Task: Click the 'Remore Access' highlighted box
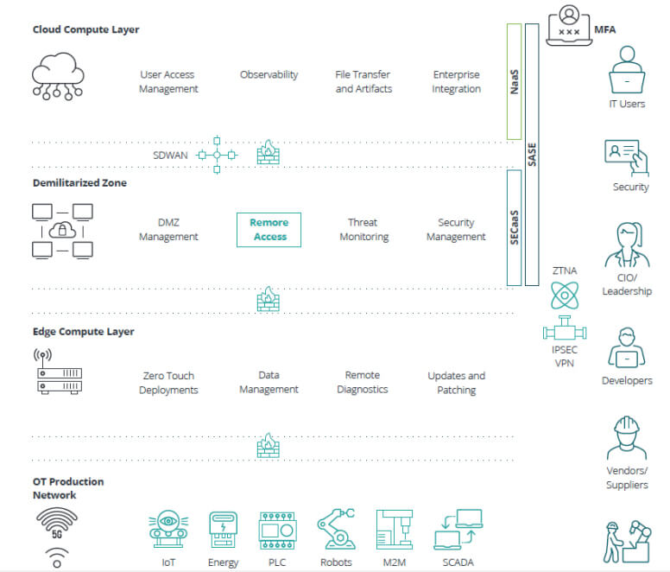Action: click(x=269, y=230)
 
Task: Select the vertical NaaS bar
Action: click(x=514, y=82)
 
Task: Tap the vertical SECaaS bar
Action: click(x=514, y=227)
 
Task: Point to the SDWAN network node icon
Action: click(x=217, y=155)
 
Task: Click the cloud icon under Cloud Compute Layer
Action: click(x=58, y=77)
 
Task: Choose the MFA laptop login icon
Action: click(x=569, y=25)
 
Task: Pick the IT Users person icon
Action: click(x=627, y=70)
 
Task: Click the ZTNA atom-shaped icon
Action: click(x=565, y=295)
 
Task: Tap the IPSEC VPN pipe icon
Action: click(x=565, y=328)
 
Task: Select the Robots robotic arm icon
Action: click(x=336, y=529)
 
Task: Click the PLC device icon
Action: click(x=277, y=531)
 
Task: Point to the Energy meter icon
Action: click(x=223, y=530)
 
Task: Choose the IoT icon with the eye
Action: click(x=168, y=530)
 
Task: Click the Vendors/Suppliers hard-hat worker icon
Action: click(x=627, y=437)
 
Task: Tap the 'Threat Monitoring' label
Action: click(x=364, y=230)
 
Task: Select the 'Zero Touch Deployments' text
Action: click(x=168, y=383)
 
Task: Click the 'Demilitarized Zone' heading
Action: click(x=80, y=183)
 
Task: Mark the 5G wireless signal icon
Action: click(x=57, y=523)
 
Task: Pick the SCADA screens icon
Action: click(x=458, y=530)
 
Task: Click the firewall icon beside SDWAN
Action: click(x=269, y=152)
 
